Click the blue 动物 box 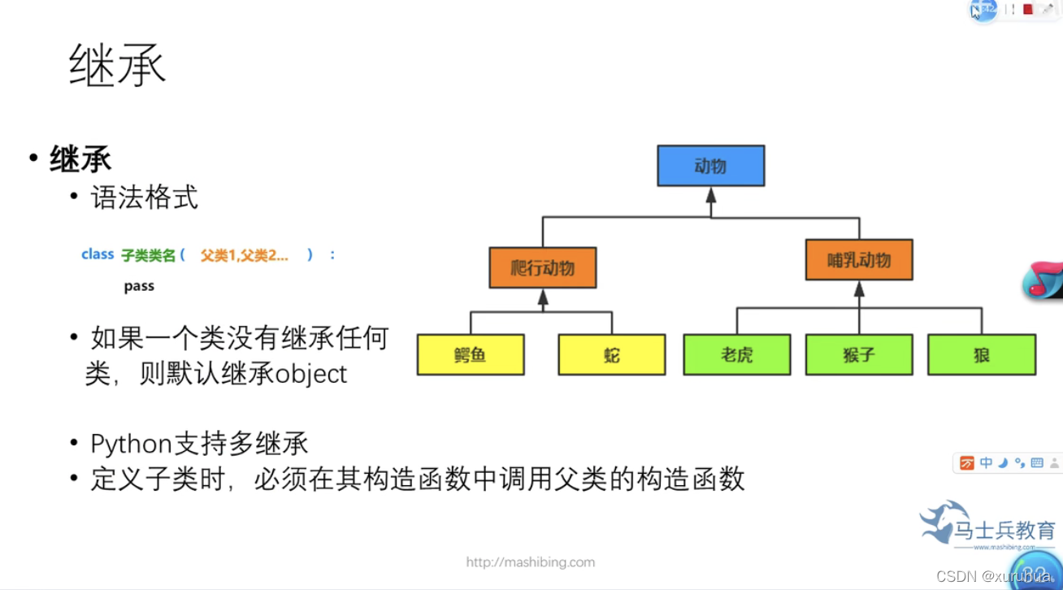(710, 166)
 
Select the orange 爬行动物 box (542, 267)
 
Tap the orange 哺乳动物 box (859, 260)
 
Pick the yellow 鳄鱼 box (471, 354)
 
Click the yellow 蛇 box (611, 354)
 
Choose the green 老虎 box (736, 354)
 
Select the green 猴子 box (859, 354)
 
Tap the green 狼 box (982, 354)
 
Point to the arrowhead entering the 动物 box (711, 195)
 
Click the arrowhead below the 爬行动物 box (543, 297)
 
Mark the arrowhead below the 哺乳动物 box (859, 289)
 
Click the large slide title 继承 (118, 65)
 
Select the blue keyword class (98, 254)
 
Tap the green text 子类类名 (148, 255)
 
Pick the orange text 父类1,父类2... (244, 255)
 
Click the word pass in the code (139, 286)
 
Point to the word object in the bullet (311, 374)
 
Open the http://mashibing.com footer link (530, 562)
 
